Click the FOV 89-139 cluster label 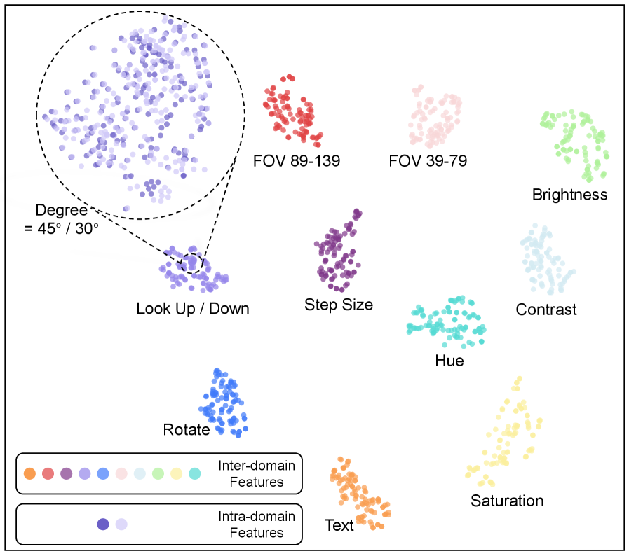(x=297, y=162)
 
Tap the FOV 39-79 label (x=428, y=162)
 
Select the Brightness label (x=569, y=195)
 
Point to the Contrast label (x=546, y=309)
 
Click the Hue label (x=449, y=361)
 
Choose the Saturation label (x=507, y=501)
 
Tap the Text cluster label (x=339, y=525)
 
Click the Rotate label (x=187, y=429)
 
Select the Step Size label (x=339, y=305)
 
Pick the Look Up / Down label (x=193, y=308)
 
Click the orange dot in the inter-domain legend (x=29, y=474)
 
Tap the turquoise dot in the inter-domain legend (x=194, y=474)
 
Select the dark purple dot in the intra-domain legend (x=103, y=524)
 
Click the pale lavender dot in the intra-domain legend (x=121, y=524)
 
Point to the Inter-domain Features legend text (x=256, y=473)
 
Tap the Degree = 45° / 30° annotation (x=62, y=218)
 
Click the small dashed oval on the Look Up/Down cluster (x=191, y=263)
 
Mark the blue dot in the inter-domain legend (x=103, y=474)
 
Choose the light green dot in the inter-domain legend (x=158, y=474)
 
